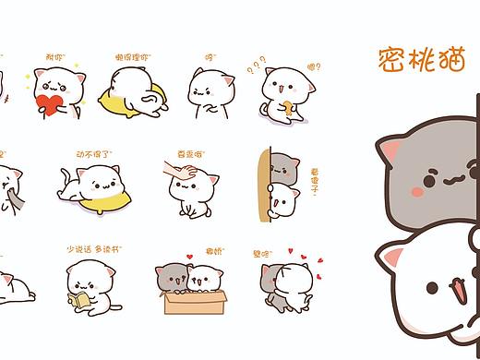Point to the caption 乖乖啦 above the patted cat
tap(188, 154)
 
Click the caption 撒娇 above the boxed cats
tap(214, 250)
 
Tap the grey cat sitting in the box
tap(175, 277)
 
